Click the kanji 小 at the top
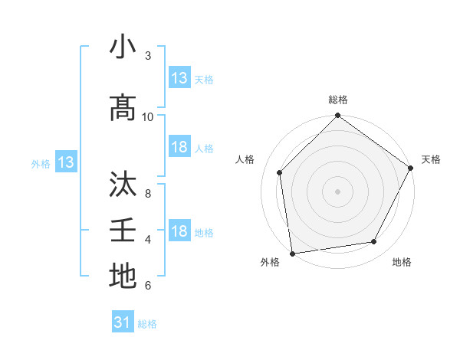123,48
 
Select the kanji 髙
123,108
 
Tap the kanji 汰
123,185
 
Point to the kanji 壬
123,231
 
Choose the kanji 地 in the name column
123,277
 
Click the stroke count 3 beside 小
148,56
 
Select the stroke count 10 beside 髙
148,116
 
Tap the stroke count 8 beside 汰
148,193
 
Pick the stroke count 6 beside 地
148,286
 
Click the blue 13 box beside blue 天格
179,78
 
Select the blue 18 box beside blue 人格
179,148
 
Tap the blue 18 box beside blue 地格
179,232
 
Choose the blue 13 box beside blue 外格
65,162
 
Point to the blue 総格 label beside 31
147,324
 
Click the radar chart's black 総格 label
337,100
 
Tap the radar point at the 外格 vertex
292,253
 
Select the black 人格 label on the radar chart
245,159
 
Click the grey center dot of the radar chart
337,191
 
